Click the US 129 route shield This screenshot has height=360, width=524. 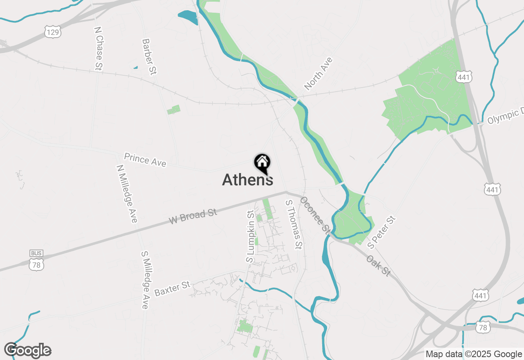coord(53,32)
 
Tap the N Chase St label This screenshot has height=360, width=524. coord(98,49)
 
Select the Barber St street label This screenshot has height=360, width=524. coord(149,57)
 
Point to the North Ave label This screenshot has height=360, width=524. coord(318,74)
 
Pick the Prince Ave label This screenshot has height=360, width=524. coord(145,160)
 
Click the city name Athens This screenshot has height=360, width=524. coord(248,180)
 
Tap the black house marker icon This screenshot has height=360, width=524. coord(262,163)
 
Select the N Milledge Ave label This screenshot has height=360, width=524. coord(127,194)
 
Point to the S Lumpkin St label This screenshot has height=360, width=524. coord(251,236)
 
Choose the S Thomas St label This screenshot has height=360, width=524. coord(294,225)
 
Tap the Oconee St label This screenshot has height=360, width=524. coord(315,215)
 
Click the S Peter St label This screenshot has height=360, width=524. coord(382,232)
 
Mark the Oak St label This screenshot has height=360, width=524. coord(379,266)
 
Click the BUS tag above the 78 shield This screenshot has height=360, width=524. coord(36,253)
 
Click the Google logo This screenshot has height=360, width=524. coord(28,351)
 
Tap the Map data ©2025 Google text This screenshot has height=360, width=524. coord(474,354)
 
